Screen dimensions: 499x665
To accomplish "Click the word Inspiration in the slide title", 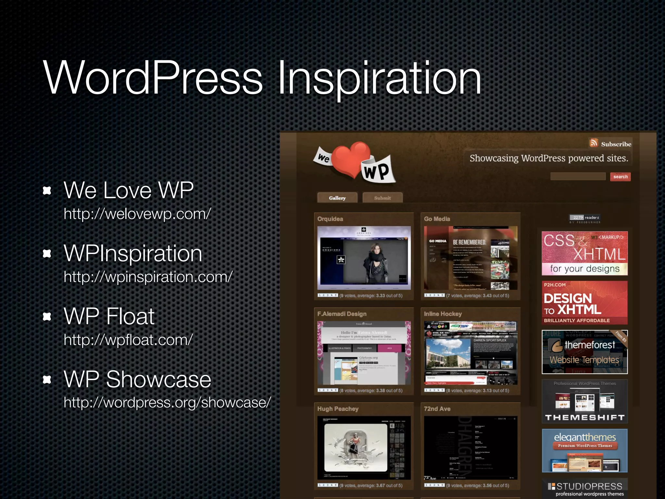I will (x=379, y=78).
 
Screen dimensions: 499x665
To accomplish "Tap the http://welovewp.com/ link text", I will (x=137, y=214).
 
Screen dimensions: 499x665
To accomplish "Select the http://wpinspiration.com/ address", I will (x=148, y=277).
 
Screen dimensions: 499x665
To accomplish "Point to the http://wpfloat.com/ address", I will (x=128, y=340).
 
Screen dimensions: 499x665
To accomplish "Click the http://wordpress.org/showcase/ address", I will (x=167, y=402).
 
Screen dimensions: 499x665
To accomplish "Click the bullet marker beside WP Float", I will (x=47, y=316).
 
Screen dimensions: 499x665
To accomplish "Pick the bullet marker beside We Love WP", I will (x=47, y=190).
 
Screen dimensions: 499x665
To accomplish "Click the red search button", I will (x=620, y=177).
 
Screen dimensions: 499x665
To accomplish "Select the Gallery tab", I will (x=337, y=198).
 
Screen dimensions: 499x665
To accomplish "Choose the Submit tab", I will (x=382, y=198).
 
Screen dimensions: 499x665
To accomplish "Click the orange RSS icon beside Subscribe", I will (x=594, y=143).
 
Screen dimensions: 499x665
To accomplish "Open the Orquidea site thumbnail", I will (x=364, y=258).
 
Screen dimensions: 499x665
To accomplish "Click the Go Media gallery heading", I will (x=437, y=219).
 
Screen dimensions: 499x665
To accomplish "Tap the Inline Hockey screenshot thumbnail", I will (x=471, y=353).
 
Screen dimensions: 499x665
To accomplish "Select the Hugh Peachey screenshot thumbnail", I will (x=364, y=448).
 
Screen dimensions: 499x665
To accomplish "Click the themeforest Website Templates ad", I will (x=584, y=352).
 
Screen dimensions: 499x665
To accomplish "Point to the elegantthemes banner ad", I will (x=584, y=450).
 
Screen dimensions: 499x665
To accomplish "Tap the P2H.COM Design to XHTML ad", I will (x=584, y=303).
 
